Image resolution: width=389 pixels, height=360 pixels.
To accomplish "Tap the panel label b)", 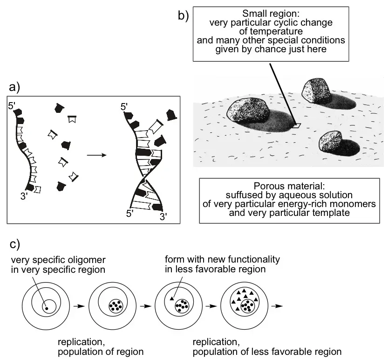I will coord(183,15).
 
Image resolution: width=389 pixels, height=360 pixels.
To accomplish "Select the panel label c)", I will coord(14,244).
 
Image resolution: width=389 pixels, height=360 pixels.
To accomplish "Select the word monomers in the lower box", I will coord(349,204).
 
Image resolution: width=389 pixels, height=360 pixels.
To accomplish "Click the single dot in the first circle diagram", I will coord(46,308).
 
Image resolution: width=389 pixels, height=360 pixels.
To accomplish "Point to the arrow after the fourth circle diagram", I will coord(279,306).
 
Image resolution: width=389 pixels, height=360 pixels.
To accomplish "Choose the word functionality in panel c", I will coord(253,259).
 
